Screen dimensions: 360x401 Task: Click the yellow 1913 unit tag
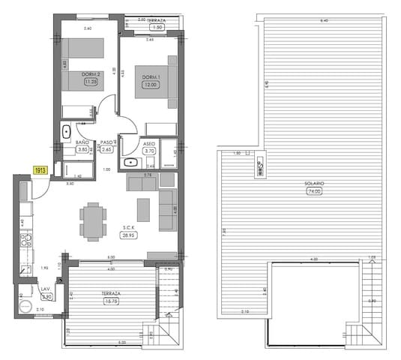40,170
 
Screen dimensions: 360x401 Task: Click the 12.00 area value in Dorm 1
151,85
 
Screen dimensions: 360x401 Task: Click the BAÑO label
82,142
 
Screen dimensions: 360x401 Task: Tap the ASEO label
148,142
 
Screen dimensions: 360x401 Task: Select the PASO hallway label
106,142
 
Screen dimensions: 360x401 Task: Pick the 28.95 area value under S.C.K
129,235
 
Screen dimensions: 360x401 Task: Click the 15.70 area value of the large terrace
111,301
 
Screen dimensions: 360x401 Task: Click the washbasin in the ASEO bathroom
131,161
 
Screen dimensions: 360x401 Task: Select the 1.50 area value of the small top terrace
157,27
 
